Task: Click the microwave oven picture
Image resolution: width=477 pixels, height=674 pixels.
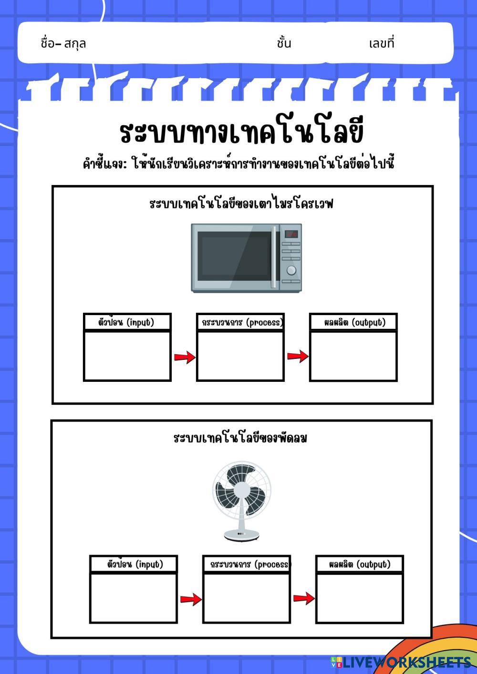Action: [246, 258]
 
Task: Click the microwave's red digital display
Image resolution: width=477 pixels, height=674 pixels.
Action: [291, 234]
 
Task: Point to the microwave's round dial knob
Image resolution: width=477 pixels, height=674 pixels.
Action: [291, 271]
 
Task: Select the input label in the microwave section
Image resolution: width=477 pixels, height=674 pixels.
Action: [127, 322]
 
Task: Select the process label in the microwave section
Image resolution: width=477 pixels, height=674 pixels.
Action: [240, 322]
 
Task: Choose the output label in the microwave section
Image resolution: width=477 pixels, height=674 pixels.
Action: [353, 322]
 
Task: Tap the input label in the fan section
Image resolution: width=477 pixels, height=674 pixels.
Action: [134, 564]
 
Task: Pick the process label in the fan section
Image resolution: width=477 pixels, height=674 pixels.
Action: [247, 564]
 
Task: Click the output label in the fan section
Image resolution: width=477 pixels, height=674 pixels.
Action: [360, 564]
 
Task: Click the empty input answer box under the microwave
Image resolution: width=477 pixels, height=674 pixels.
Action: [127, 356]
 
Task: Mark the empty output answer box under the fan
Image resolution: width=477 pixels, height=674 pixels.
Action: [360, 598]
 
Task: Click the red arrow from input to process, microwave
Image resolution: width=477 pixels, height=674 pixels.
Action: [184, 357]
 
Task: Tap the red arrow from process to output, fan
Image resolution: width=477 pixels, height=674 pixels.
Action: [303, 598]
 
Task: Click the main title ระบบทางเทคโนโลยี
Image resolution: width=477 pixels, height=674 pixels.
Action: [241, 133]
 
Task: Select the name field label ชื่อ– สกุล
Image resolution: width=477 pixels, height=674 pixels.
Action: [63, 44]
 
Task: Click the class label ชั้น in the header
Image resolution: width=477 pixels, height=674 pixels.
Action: [284, 44]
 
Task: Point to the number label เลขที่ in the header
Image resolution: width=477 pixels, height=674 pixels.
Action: [382, 44]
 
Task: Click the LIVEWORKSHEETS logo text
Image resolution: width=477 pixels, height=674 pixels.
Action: [405, 662]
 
